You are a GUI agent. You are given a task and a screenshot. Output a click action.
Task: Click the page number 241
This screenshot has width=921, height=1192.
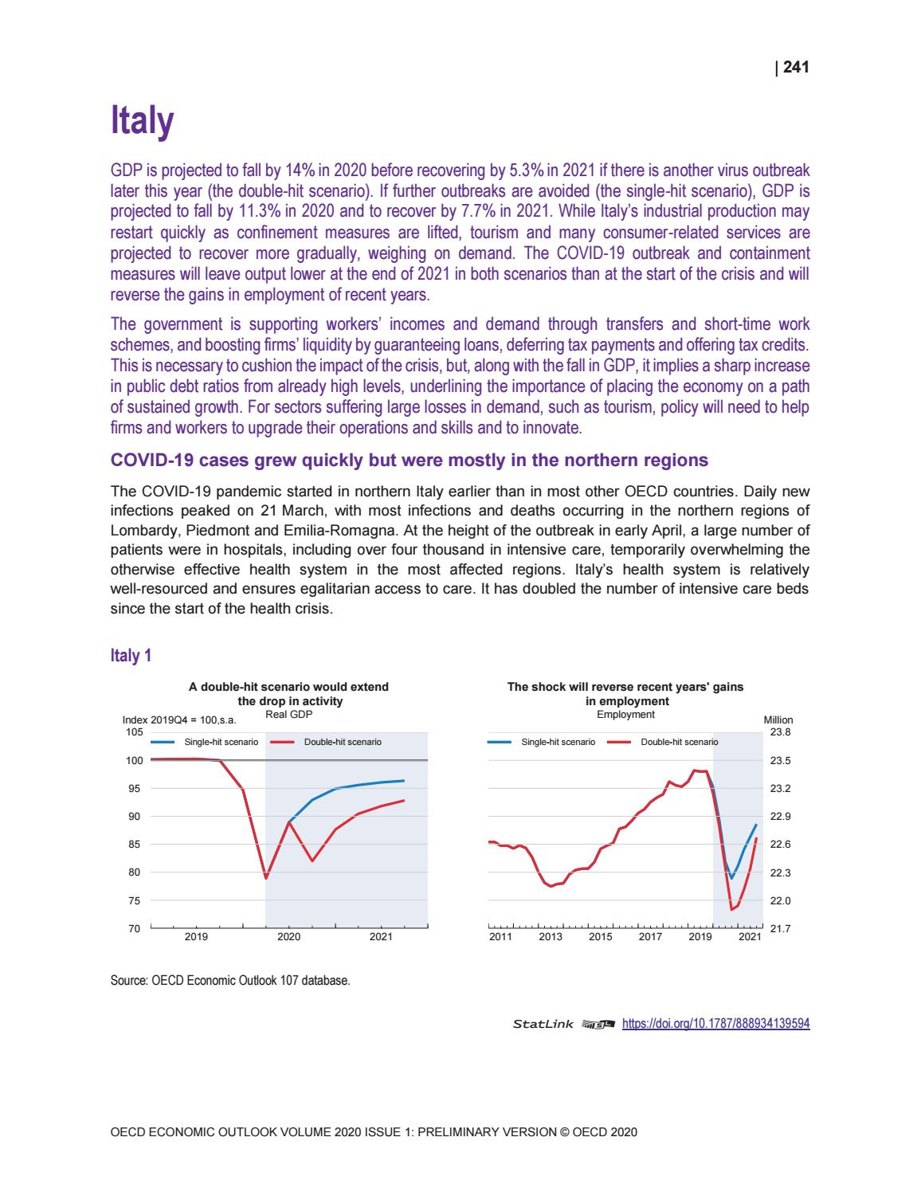click(796, 68)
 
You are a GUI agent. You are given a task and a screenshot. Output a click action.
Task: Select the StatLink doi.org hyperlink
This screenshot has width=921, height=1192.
click(715, 1024)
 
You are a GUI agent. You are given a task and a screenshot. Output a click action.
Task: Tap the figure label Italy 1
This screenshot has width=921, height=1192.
click(131, 656)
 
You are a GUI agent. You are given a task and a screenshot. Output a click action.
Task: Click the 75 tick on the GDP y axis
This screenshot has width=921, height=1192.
click(135, 900)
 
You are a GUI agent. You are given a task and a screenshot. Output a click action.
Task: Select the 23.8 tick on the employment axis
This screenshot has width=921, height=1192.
click(782, 731)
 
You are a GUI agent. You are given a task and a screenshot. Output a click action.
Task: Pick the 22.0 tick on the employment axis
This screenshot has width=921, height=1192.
click(782, 900)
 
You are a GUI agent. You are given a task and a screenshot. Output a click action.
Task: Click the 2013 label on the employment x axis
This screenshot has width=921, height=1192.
click(551, 937)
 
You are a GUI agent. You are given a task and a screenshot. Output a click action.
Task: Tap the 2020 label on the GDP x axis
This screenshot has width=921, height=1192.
click(288, 937)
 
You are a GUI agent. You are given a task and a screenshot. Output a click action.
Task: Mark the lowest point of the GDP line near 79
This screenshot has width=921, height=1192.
click(266, 878)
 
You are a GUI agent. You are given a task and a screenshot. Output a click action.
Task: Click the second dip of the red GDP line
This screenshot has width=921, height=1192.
click(312, 861)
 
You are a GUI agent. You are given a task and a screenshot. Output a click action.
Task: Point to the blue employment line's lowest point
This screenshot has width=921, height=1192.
click(731, 878)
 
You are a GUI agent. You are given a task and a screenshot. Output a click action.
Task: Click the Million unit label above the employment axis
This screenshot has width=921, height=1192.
click(778, 720)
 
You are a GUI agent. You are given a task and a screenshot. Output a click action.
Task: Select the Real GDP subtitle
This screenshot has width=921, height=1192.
click(288, 715)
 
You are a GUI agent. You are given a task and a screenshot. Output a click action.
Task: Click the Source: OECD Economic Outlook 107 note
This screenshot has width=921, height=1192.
click(229, 980)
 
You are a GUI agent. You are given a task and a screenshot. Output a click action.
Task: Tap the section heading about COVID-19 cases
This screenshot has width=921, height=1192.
click(408, 461)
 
